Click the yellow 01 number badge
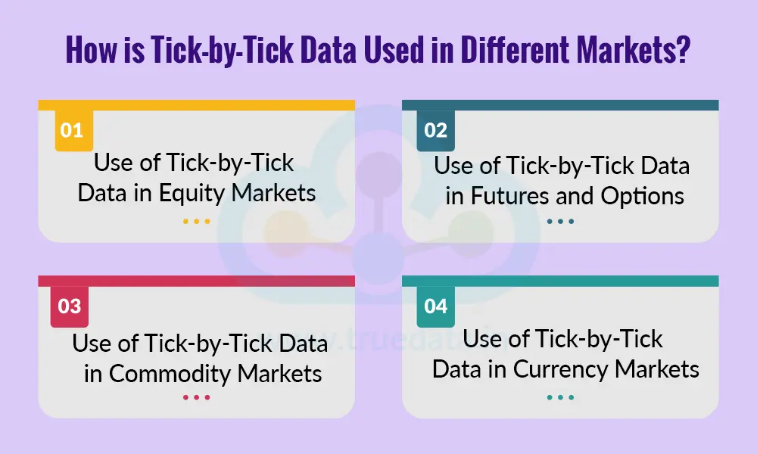(71, 130)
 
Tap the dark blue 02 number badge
(435, 130)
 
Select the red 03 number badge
(69, 306)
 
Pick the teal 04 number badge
(435, 306)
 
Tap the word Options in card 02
(643, 196)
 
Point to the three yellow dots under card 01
(196, 222)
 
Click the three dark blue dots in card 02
(560, 222)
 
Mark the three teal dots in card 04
(560, 397)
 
